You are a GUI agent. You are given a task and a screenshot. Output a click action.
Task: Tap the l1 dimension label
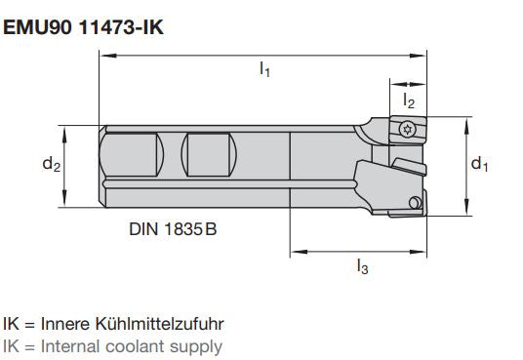(x=265, y=70)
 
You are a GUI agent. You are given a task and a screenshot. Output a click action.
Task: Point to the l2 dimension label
(x=410, y=100)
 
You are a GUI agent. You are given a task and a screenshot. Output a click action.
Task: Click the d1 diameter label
(x=480, y=164)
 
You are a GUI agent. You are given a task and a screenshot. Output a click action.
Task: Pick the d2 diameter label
(x=51, y=165)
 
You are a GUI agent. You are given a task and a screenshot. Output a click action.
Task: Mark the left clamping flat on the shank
(x=133, y=153)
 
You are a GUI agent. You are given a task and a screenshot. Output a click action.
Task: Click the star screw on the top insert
(x=409, y=127)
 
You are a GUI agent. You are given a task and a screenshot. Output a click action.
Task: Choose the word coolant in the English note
(x=136, y=345)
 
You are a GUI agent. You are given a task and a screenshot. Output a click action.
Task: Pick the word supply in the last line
(x=198, y=346)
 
